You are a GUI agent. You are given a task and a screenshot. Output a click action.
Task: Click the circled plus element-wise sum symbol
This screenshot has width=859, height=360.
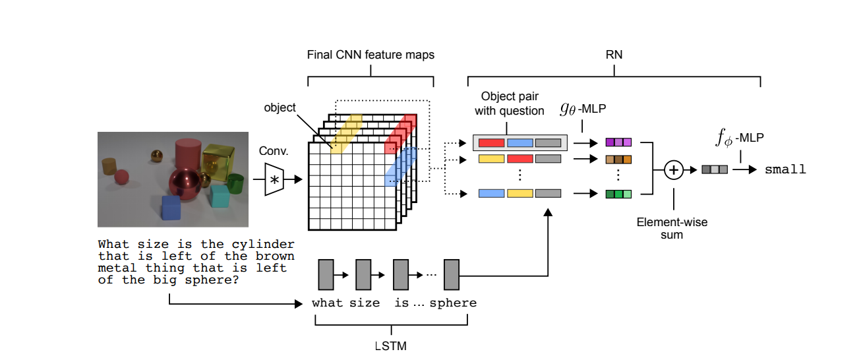coord(674,170)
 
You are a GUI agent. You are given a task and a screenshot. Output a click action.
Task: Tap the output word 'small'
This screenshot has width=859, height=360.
coord(785,169)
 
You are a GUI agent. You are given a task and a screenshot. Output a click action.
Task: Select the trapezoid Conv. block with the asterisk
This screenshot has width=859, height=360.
coord(274,179)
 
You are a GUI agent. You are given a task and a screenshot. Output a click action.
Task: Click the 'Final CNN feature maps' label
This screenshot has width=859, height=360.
coord(370,55)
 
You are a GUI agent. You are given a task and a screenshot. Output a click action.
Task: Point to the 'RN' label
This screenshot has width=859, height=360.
coord(614,55)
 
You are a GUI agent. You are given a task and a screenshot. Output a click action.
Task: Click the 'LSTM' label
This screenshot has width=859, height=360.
coord(391,345)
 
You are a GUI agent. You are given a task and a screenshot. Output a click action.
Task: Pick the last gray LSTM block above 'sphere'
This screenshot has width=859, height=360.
coord(452,274)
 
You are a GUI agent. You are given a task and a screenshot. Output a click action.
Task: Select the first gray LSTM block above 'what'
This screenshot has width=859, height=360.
coord(326,274)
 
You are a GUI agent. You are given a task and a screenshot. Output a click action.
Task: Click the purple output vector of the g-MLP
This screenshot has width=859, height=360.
coord(618,142)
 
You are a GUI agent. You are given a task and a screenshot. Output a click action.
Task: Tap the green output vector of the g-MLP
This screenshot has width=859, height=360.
coord(618,194)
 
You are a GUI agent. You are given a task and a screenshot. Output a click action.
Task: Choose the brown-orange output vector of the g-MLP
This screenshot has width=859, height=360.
coord(618,160)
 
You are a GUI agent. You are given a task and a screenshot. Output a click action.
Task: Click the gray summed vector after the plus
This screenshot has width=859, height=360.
coord(715,169)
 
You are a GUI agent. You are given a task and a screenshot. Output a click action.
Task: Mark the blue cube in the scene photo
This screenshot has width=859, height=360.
coord(171,208)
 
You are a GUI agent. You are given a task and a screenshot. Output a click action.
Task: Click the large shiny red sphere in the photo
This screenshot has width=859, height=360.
coord(185,184)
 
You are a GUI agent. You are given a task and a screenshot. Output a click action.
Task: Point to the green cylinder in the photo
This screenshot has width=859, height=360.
coord(235,184)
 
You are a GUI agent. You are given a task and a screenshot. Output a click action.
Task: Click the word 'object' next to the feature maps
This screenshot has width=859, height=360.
coord(280,107)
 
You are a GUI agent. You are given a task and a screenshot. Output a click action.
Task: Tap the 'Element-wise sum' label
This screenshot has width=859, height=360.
coord(672,228)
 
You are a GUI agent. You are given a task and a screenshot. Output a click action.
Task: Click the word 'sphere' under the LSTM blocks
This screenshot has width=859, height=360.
coord(453,303)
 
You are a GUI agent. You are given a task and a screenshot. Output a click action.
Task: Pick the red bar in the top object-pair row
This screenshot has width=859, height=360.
coord(491,143)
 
